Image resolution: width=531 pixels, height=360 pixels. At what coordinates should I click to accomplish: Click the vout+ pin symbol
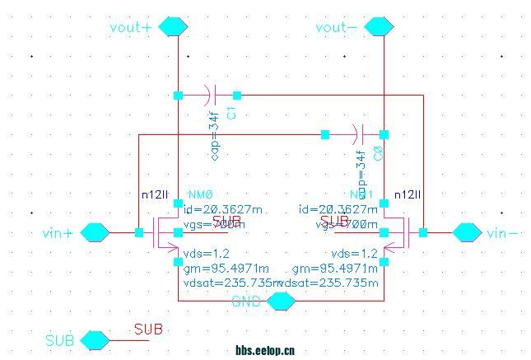[x=173, y=27]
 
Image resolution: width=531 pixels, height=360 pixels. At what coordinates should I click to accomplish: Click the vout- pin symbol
[x=379, y=27]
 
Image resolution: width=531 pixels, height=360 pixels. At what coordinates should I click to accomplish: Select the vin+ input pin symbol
[x=95, y=232]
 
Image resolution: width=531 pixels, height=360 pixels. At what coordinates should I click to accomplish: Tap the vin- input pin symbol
[x=467, y=232]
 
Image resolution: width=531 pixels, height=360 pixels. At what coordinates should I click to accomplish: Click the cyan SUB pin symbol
[x=95, y=339]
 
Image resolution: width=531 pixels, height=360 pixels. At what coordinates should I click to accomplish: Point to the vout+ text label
[x=130, y=27]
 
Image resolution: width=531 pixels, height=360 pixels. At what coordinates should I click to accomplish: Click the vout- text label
[x=337, y=27]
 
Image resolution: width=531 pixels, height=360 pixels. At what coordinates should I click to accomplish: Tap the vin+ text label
[x=58, y=233]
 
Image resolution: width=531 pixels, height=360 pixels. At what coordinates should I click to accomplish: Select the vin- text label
[x=502, y=233]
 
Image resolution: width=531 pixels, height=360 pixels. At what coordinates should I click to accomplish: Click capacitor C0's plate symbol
[x=357, y=133]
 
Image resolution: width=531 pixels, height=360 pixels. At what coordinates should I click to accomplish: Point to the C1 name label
[x=232, y=113]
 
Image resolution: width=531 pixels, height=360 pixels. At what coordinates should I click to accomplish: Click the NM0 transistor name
[x=201, y=194]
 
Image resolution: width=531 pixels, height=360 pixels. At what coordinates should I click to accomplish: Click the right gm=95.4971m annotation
[x=328, y=269]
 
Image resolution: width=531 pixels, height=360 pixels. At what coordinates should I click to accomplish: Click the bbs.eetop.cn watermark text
[x=265, y=350]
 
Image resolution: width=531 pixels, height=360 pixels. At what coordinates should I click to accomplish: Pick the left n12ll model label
[x=155, y=194]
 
